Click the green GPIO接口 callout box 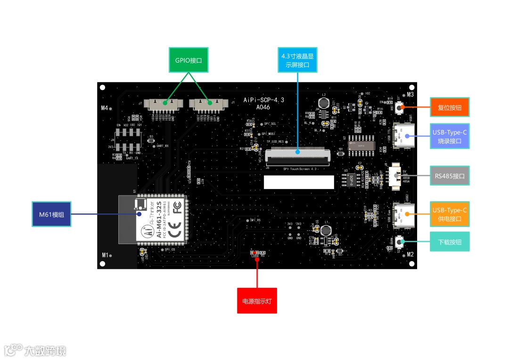(x=189, y=60)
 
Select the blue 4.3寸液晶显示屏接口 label (x=297, y=60)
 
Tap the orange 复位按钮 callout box (x=450, y=107)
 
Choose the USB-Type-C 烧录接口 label (x=450, y=136)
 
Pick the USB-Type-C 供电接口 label (x=450, y=214)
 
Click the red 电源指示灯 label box (x=257, y=301)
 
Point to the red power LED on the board (x=254, y=253)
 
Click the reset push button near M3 (x=400, y=108)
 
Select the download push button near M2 (x=400, y=242)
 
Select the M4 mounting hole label (x=105, y=108)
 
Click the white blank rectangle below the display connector (x=299, y=182)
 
